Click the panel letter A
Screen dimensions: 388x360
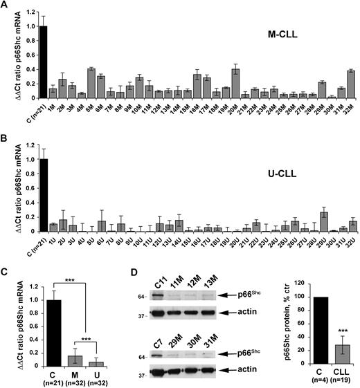point(6,6)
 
